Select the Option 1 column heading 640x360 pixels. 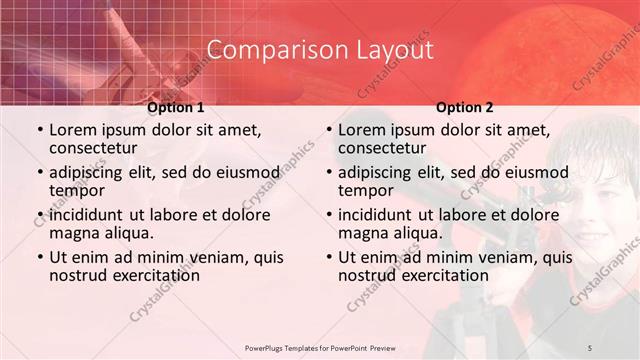176,107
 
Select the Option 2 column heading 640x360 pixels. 465,107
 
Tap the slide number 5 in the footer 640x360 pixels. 590,347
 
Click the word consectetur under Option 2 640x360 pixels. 381,149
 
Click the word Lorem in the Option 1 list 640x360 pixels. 73,130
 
